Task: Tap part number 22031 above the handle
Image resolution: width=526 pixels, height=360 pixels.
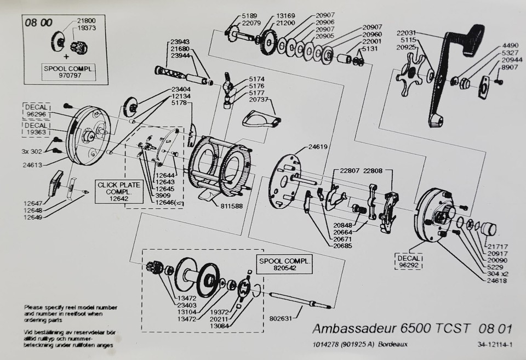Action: coord(409,32)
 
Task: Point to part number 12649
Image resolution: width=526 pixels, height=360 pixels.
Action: coord(33,218)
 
